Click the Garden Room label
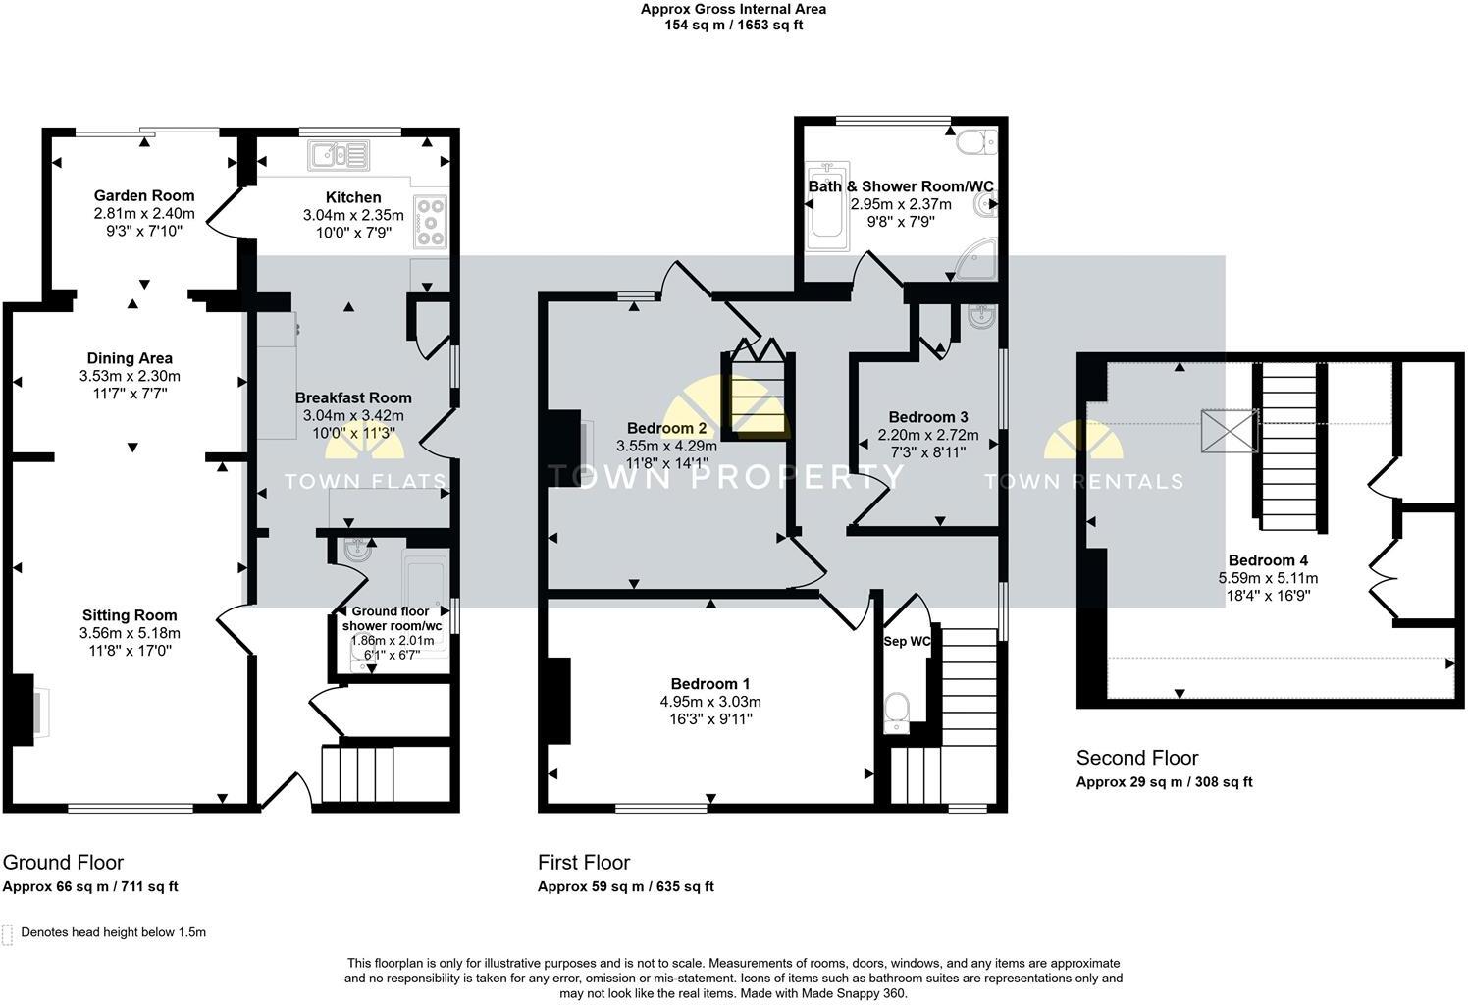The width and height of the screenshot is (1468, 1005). [x=144, y=195]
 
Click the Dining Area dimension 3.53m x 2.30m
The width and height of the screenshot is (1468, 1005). [x=130, y=376]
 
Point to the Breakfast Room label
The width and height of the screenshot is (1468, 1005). [x=353, y=397]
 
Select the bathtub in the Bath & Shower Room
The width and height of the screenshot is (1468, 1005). [x=825, y=204]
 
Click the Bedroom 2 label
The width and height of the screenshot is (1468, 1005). [x=666, y=428]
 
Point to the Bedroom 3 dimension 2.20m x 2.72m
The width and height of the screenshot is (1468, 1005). [x=927, y=435]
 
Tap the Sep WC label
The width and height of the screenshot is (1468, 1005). [x=908, y=641]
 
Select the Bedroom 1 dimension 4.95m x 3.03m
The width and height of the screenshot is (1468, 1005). [x=710, y=702]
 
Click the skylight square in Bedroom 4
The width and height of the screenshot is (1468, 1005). [x=1229, y=432]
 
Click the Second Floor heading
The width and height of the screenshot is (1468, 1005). [x=1137, y=758]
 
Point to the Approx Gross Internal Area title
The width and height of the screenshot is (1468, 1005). [x=733, y=10]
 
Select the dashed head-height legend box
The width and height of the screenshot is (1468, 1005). [x=9, y=933]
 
